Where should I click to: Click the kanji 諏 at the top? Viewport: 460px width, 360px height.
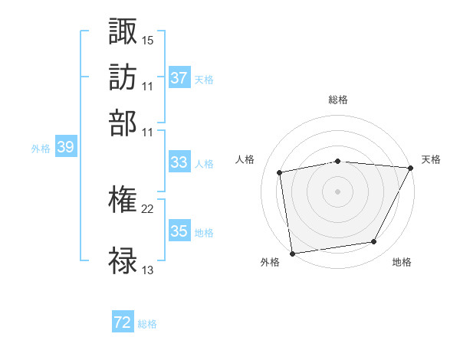123,31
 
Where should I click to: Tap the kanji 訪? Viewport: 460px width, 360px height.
123,77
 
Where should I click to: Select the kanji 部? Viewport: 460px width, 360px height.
123,123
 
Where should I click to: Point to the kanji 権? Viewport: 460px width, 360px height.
123,201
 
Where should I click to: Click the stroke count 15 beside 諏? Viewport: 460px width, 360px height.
148,39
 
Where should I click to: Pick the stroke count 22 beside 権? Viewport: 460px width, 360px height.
148,208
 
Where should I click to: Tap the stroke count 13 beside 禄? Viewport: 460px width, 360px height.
148,269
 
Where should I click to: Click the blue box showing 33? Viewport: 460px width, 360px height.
179,162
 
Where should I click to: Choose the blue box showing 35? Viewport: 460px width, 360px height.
179,231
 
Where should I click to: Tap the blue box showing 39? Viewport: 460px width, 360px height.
65,148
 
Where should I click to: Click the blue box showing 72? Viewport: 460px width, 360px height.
123,323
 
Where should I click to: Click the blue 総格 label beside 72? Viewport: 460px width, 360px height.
147,324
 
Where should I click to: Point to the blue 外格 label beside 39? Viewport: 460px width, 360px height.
41,149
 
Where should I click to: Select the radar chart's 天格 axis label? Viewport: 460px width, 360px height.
431,159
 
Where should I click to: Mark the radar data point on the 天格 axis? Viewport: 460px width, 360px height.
411,168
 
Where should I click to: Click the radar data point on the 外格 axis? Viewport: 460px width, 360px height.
292,253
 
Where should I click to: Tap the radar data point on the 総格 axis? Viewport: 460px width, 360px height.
337,161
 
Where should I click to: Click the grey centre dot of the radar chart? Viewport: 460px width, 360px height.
337,191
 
